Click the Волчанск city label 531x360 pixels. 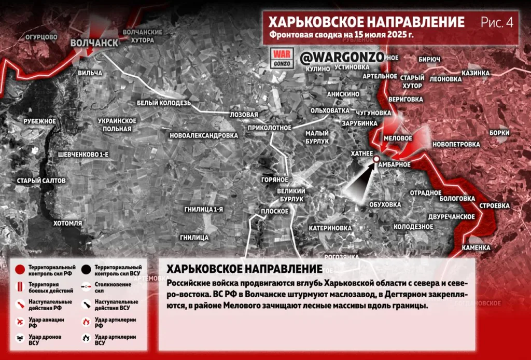pyautogui.click(x=94, y=43)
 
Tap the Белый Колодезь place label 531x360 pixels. pyautogui.click(x=164, y=103)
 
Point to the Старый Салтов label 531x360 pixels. pyautogui.click(x=41, y=181)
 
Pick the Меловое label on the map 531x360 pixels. pyautogui.click(x=397, y=139)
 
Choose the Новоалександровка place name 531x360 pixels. pyautogui.click(x=203, y=135)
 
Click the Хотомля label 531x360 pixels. pyautogui.click(x=67, y=223)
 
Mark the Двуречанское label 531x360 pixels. pyautogui.click(x=452, y=216)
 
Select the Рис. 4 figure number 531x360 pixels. pyautogui.click(x=496, y=22)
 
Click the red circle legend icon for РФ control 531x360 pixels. pyautogui.click(x=19, y=269)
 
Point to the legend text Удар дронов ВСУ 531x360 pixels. pyautogui.click(x=44, y=339)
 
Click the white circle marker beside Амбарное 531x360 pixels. pyautogui.click(x=376, y=160)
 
